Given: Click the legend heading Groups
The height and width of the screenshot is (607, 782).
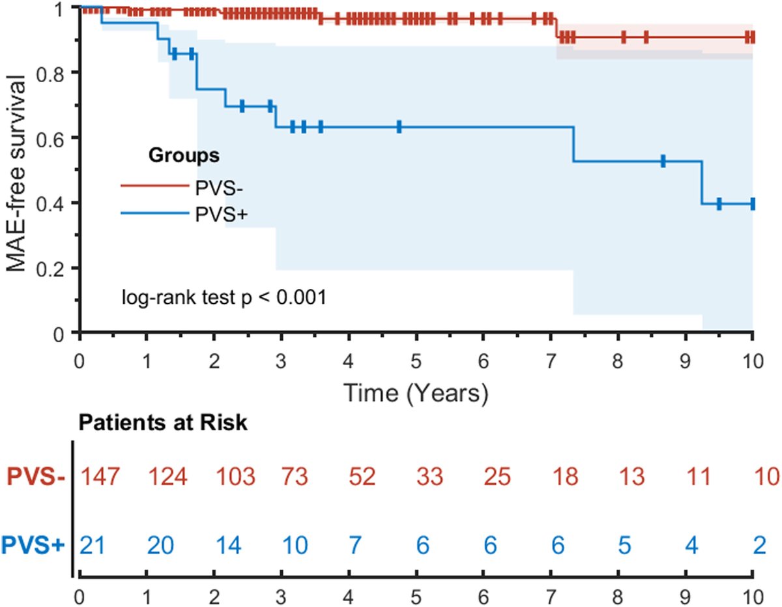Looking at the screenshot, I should coord(183,156).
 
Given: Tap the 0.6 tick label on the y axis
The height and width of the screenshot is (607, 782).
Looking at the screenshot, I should coord(57,138).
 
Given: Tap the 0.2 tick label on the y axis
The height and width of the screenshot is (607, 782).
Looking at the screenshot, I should coord(57,269).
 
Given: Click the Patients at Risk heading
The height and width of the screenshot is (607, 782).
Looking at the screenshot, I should coord(163,422).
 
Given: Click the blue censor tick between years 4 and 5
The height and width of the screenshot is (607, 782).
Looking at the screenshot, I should coord(399,127).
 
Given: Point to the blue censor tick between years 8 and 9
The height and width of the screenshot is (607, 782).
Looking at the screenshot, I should coord(662,161).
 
